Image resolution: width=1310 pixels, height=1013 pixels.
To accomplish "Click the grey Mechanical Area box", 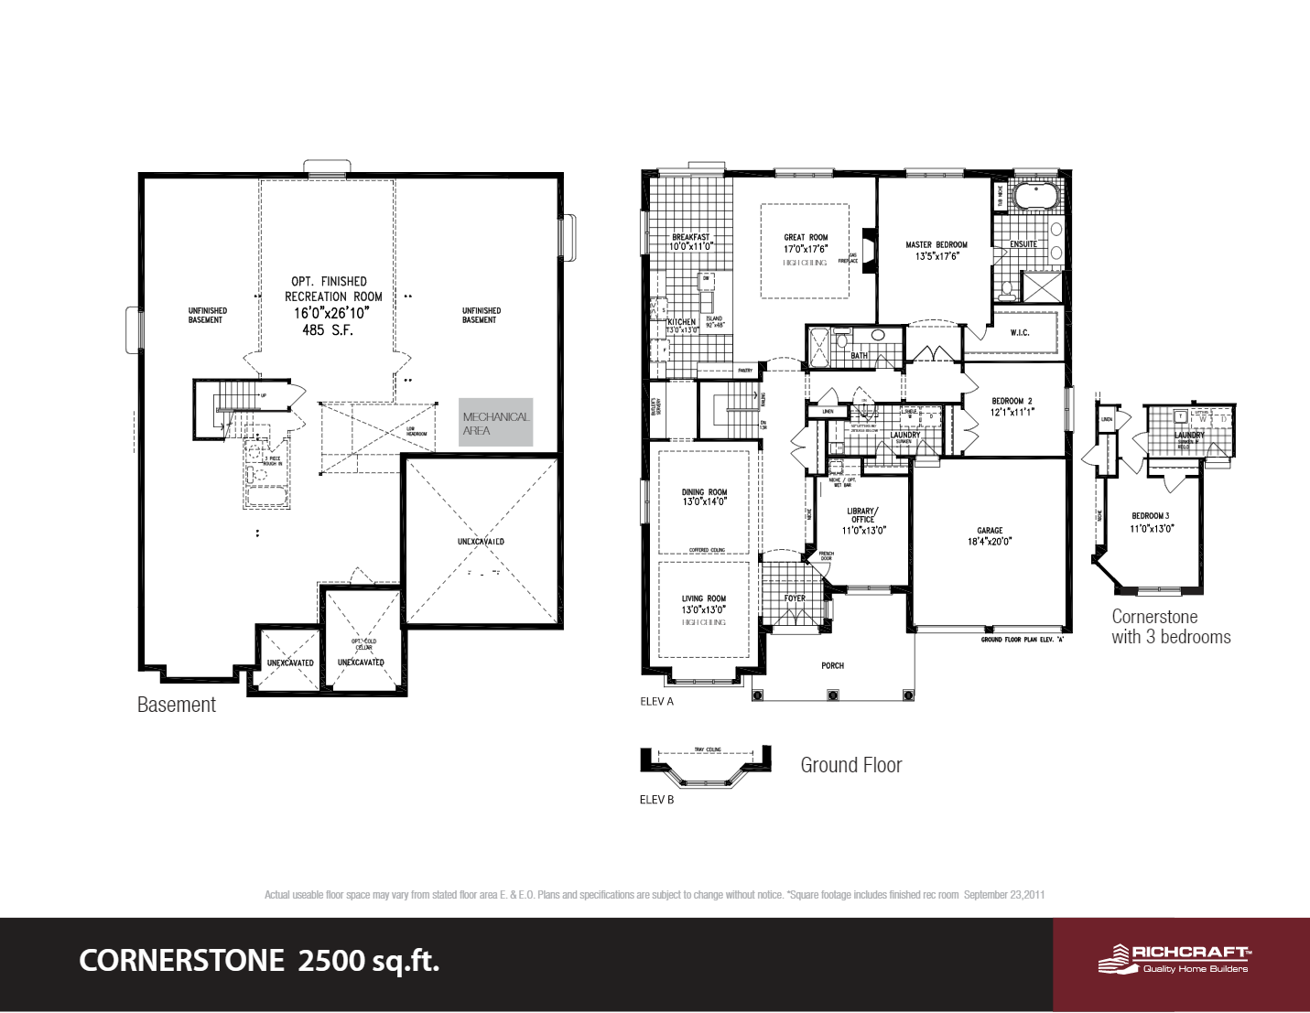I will coord(495,423).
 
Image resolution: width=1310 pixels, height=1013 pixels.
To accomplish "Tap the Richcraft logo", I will coord(1175,959).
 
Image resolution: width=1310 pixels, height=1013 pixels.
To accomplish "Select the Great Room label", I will coord(806,237).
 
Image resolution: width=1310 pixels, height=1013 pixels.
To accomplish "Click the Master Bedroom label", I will coord(936,244).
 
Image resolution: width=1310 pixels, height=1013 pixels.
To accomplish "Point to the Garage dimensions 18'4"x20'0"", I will coord(990,542).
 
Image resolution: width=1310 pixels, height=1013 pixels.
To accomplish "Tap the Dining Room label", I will coord(704,492).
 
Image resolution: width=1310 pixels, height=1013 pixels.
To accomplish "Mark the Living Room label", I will coord(703,598).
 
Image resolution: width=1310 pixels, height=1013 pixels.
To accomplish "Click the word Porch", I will coord(832,665).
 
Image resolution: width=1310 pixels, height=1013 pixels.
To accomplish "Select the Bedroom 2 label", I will coord(1012,401).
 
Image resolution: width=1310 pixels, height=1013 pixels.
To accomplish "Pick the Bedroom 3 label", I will coord(1151,516).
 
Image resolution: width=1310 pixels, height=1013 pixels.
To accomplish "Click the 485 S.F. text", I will coord(328,330).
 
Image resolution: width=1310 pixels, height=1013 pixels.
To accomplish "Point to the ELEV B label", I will coord(656,800).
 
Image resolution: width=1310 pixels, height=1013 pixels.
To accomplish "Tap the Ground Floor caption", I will coord(850,765).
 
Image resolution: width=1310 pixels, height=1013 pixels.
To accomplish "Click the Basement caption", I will coord(177,705).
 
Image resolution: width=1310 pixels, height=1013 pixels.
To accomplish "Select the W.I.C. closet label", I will coord(1020,333).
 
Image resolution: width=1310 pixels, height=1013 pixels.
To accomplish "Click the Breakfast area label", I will coord(690,237).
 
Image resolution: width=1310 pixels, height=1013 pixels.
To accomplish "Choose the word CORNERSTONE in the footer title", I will coord(182,961).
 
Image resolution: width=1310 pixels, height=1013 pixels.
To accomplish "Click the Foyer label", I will coord(795,598).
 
